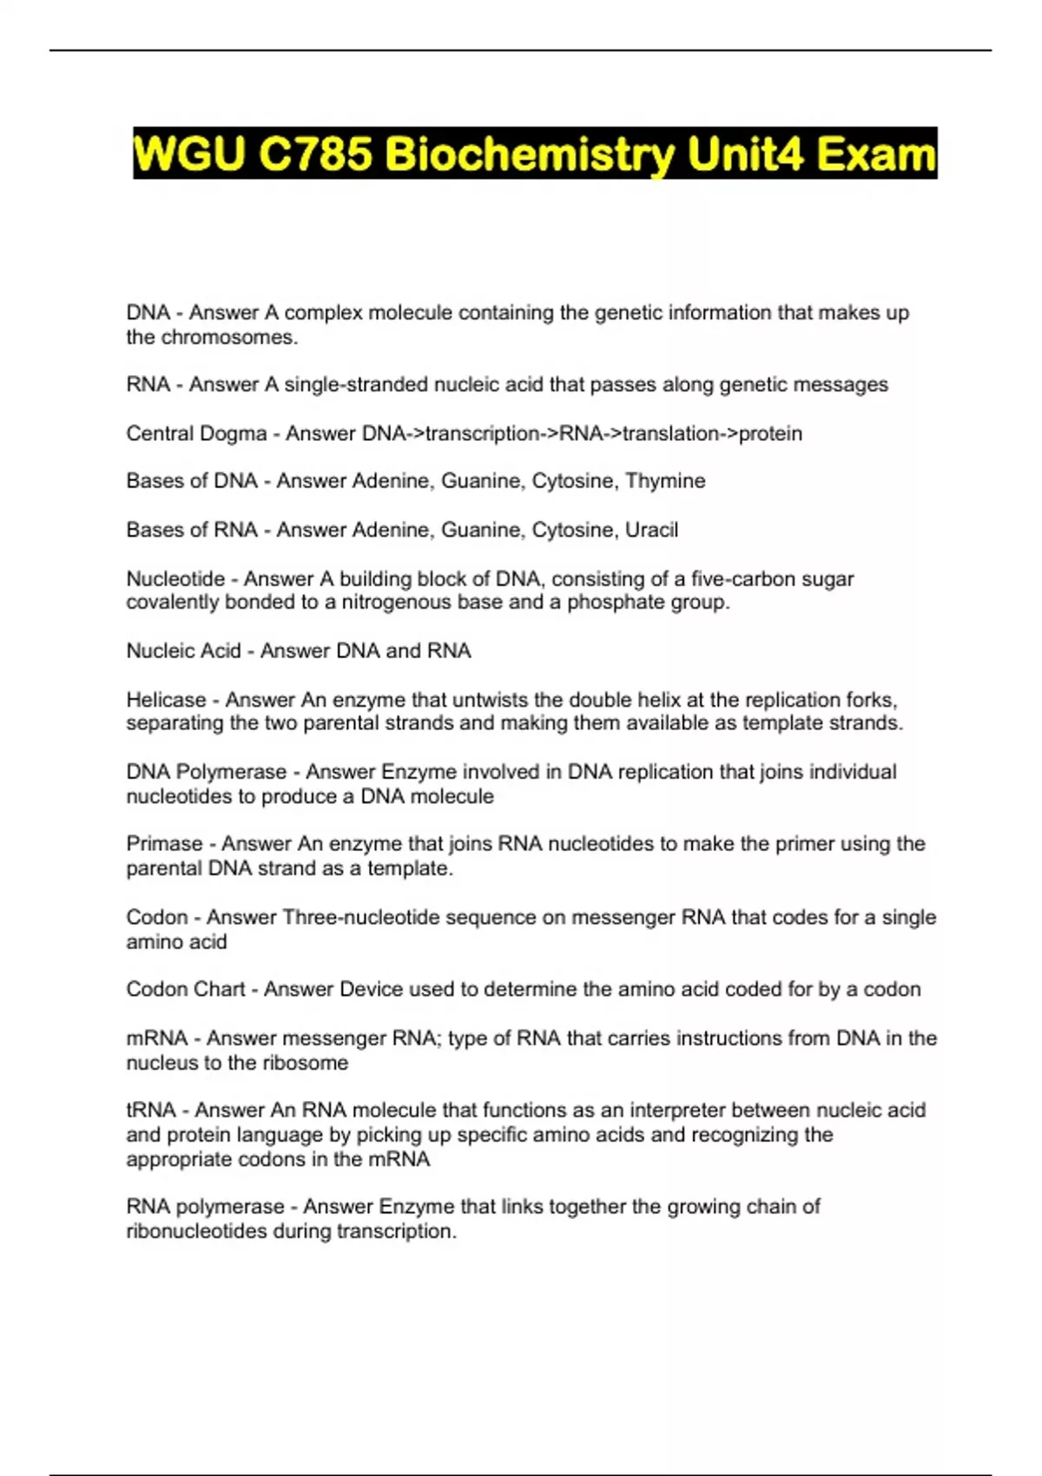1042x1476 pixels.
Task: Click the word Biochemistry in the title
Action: coord(528,155)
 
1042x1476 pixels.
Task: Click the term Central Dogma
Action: coord(196,433)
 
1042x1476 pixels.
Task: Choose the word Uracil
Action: coord(651,530)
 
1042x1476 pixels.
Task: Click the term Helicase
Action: coord(166,700)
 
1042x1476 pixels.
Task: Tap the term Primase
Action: coord(164,844)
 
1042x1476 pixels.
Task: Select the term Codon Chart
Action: coord(186,989)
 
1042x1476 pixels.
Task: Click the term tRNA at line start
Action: coord(151,1110)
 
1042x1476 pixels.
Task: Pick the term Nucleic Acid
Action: coord(183,651)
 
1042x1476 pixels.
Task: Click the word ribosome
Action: coord(304,1063)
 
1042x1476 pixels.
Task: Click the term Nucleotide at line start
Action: coord(175,579)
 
